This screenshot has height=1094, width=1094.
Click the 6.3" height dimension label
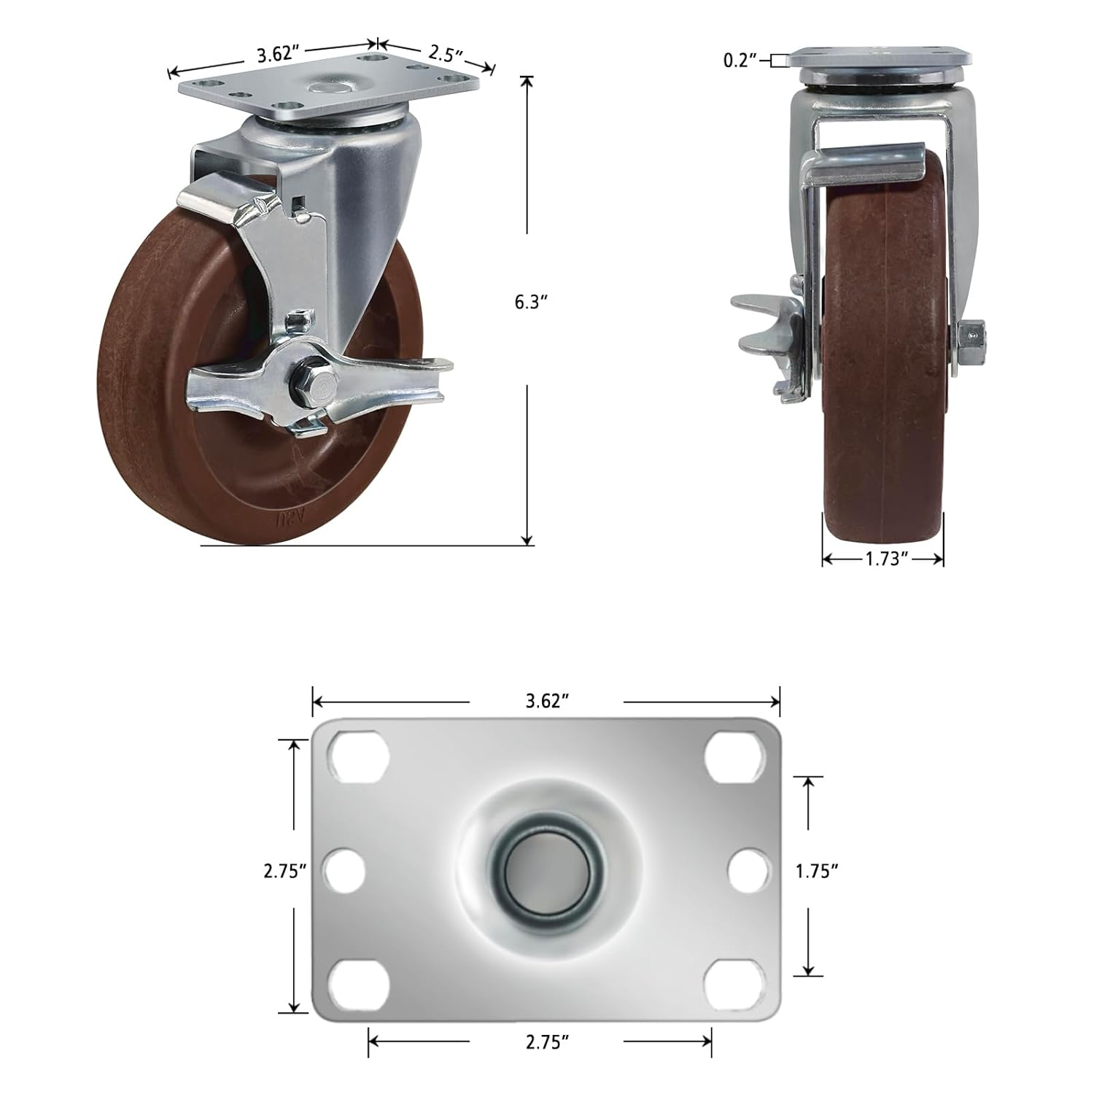(x=530, y=302)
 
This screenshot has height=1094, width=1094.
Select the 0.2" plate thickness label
(x=740, y=61)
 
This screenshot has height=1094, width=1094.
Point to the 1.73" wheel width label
(x=886, y=559)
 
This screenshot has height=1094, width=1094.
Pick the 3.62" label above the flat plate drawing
(x=547, y=701)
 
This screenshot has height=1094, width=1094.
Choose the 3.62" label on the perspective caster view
(x=279, y=54)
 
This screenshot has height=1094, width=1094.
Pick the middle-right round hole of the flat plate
(x=749, y=870)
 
